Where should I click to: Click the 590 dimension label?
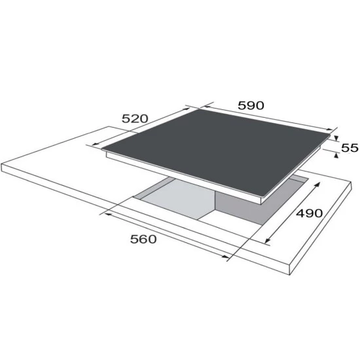click(x=251, y=105)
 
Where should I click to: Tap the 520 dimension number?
click(x=135, y=118)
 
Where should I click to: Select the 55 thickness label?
click(x=350, y=148)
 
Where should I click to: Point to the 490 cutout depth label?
click(x=310, y=213)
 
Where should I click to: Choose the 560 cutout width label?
click(x=143, y=239)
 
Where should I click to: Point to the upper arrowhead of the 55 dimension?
click(x=336, y=138)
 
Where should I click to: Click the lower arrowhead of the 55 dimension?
click(x=336, y=156)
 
